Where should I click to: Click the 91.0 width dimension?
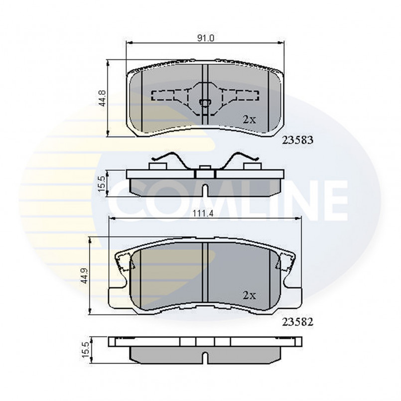(205, 38)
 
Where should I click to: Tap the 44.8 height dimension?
(103, 99)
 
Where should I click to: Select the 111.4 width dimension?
(203, 213)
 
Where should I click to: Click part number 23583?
(298, 140)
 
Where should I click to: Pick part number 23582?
(298, 322)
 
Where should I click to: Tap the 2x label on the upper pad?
(249, 120)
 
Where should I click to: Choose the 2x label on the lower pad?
(249, 295)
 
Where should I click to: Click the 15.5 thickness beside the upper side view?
(102, 184)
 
